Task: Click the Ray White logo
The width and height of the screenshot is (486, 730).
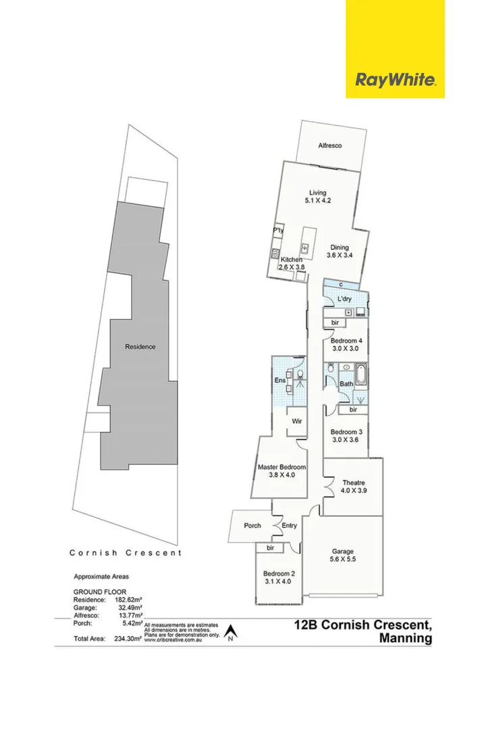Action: point(395,80)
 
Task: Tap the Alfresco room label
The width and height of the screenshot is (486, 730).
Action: point(330,145)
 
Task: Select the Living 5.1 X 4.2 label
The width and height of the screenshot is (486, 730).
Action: point(317,196)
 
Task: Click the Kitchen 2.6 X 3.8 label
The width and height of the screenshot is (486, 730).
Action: point(292,264)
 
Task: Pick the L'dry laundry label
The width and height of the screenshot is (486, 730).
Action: point(344,298)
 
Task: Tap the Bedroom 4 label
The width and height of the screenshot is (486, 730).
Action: point(347,345)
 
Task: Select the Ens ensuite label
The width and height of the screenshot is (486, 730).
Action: point(279,380)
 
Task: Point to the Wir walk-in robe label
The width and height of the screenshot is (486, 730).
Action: point(296,420)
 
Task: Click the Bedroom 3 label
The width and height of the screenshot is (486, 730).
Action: point(347,436)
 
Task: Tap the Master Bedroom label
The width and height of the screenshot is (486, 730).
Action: point(282,470)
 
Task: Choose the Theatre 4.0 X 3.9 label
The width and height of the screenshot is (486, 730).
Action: point(353,487)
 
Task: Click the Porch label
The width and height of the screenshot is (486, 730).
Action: point(252,526)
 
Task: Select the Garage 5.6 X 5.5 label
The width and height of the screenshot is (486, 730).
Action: point(342,555)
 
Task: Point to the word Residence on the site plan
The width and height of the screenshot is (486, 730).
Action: point(140,347)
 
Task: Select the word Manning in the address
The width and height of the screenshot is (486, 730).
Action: point(405,638)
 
